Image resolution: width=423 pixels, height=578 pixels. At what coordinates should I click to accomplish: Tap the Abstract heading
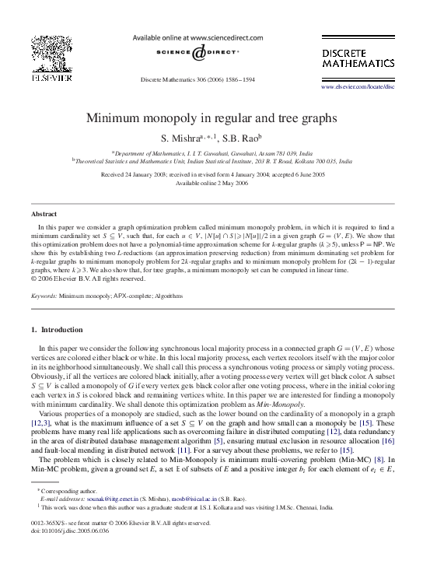[44, 212]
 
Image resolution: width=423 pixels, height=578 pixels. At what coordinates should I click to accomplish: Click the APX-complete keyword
[131, 296]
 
